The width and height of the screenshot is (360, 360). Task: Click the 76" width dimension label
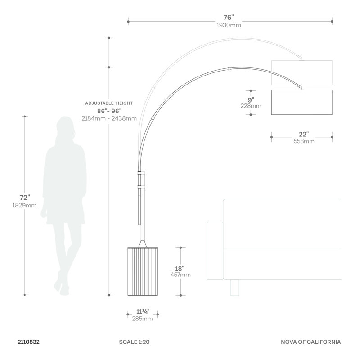pyautogui.click(x=229, y=17)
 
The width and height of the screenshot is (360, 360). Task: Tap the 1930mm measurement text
pyautogui.click(x=229, y=25)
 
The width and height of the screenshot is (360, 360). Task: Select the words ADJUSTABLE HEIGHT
pyautogui.click(x=109, y=103)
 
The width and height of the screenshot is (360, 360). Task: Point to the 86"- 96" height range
pyautogui.click(x=109, y=111)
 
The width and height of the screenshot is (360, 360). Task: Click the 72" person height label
pyautogui.click(x=25, y=198)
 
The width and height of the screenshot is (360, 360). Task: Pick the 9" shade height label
pyautogui.click(x=251, y=100)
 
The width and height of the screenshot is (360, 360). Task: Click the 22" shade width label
pyautogui.click(x=303, y=134)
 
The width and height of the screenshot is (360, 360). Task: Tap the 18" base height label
pyautogui.click(x=180, y=268)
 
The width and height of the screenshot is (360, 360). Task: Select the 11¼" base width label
pyautogui.click(x=143, y=311)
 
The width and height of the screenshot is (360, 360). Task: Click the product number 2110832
pyautogui.click(x=29, y=342)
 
